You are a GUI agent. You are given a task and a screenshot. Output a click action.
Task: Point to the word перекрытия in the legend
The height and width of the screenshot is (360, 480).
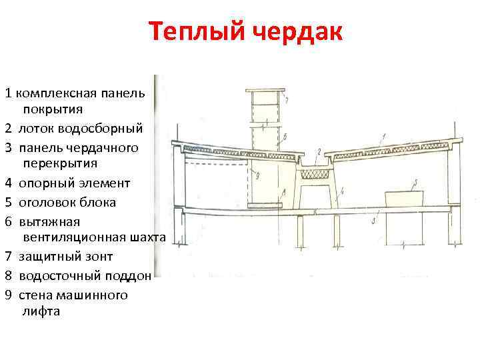[x=60, y=163]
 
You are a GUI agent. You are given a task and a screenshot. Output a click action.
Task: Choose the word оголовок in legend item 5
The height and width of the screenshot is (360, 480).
[x=49, y=202]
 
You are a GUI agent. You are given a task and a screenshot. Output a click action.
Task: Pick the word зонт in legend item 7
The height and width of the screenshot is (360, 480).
[x=98, y=256]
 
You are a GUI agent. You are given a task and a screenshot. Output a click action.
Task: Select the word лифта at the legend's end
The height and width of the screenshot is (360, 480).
[x=41, y=311]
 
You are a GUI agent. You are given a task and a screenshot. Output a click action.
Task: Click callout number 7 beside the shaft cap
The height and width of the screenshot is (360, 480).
[x=285, y=101]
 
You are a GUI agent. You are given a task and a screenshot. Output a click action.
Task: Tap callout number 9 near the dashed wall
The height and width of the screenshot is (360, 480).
[x=257, y=176]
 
